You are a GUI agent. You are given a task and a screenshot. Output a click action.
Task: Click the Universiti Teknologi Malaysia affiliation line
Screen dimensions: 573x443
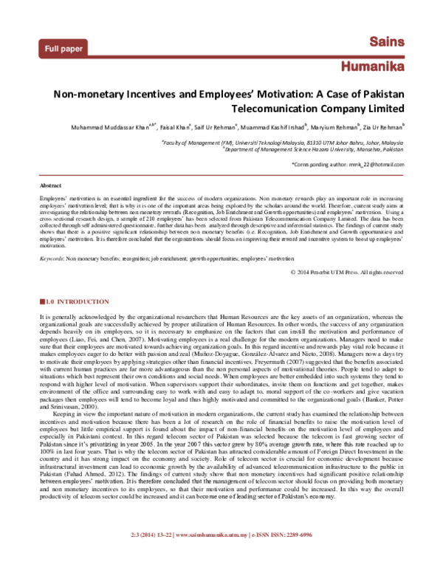tap(282, 140)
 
